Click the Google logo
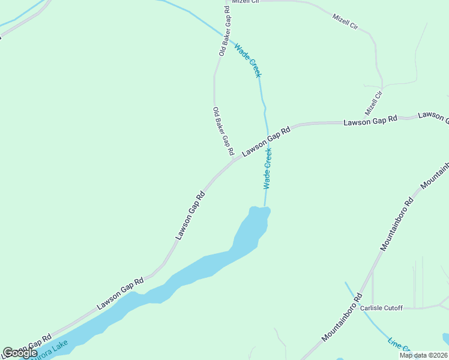tap(20, 353)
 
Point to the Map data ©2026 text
tap(423, 355)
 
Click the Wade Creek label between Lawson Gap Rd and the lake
tap(268, 169)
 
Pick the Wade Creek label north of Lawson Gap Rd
tap(248, 60)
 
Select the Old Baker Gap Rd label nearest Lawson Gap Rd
tap(222, 131)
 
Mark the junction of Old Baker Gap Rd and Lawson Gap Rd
tap(233, 160)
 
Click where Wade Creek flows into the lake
tap(265, 208)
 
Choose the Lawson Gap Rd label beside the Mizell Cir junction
tap(370, 121)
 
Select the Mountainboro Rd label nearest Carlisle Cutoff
tap(343, 318)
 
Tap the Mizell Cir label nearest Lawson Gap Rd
tap(373, 103)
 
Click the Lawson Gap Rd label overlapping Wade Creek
tap(267, 142)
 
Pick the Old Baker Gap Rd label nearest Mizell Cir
tap(225, 31)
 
